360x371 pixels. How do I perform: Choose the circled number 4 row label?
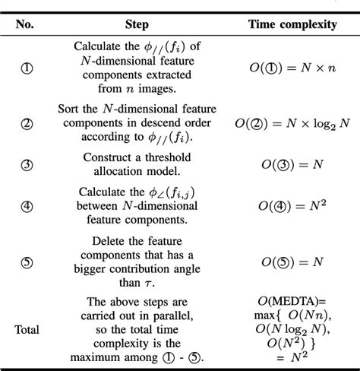coord(25,205)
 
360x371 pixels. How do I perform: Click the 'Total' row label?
coord(25,329)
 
